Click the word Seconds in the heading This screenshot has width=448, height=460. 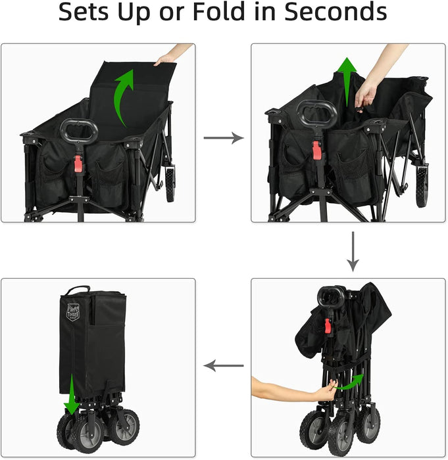click(x=336, y=12)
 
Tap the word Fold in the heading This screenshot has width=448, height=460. click(x=220, y=12)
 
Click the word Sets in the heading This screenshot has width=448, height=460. click(x=84, y=12)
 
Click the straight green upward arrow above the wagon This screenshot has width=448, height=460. click(x=347, y=81)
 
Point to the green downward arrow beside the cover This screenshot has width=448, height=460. click(x=72, y=394)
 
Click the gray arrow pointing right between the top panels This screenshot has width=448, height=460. click(x=224, y=138)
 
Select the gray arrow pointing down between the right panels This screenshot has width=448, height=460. click(x=353, y=252)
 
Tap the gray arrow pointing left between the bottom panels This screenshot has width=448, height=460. click(x=223, y=366)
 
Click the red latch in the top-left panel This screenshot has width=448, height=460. click(x=78, y=164)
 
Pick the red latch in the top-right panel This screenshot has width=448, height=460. click(x=316, y=150)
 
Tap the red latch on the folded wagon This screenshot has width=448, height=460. click(x=328, y=326)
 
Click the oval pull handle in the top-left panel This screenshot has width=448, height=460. click(x=79, y=131)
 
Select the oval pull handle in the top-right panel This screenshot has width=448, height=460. click(x=316, y=113)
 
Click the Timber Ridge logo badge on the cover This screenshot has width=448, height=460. click(x=73, y=312)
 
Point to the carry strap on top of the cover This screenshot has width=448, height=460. click(x=78, y=290)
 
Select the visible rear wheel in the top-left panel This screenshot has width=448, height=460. click(x=170, y=184)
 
